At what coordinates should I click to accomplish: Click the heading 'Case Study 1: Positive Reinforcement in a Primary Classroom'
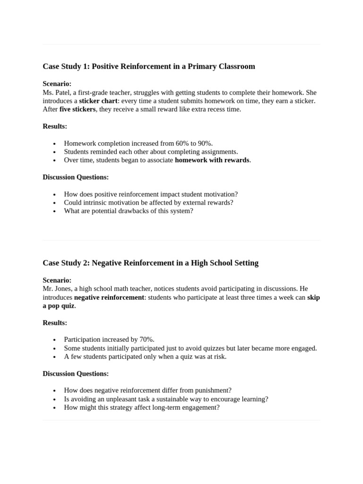(149, 67)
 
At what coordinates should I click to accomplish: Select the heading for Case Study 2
(150, 263)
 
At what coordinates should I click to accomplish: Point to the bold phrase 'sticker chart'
(98, 101)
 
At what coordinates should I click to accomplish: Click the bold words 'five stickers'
(78, 109)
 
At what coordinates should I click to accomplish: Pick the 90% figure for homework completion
(205, 143)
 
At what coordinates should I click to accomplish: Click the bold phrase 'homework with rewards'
(212, 160)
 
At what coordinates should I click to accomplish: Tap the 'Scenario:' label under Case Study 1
(57, 84)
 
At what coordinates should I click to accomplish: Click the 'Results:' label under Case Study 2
(55, 323)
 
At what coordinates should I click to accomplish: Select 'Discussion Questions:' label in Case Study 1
(76, 177)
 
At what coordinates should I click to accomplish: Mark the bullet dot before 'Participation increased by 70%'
(55, 340)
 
